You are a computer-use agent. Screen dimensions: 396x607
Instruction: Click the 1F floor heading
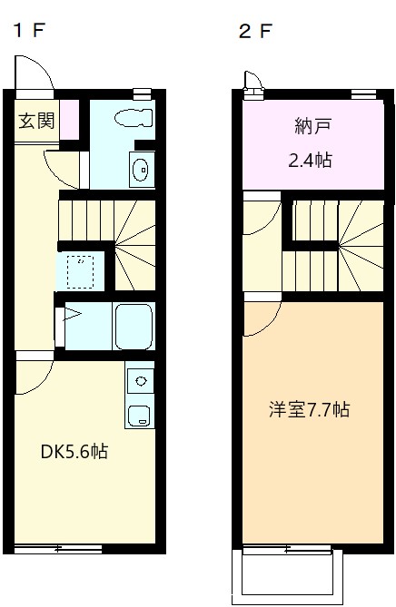click(30, 30)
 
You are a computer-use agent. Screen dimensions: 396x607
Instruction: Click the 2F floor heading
click(255, 31)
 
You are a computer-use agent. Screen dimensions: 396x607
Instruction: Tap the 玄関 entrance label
click(37, 121)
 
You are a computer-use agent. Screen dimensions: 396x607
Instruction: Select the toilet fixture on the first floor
click(134, 118)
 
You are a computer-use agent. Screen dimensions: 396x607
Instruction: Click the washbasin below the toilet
click(142, 170)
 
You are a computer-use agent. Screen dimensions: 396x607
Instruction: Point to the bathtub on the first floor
click(134, 326)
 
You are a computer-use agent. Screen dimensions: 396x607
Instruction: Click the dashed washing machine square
click(80, 272)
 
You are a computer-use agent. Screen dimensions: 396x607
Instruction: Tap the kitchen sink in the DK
click(139, 416)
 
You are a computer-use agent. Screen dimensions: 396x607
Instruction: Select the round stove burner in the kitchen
click(141, 381)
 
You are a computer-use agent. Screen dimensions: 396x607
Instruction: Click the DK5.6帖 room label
click(74, 451)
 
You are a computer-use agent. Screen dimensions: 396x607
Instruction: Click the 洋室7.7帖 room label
click(309, 409)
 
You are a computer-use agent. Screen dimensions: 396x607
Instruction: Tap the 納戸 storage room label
click(313, 126)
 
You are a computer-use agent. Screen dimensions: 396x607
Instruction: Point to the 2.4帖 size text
click(311, 160)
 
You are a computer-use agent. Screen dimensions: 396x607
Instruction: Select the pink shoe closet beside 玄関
click(69, 119)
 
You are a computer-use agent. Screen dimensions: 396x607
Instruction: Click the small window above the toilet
click(142, 93)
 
